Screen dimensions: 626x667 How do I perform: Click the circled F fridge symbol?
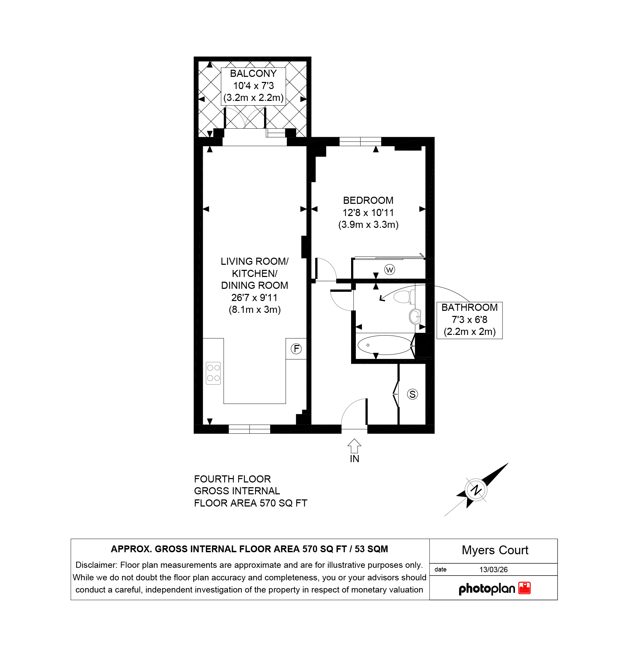pyautogui.click(x=296, y=349)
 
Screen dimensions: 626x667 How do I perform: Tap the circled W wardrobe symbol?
pyautogui.click(x=390, y=270)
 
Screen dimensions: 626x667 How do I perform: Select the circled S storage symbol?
pyautogui.click(x=412, y=394)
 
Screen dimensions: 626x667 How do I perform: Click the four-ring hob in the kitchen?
pyautogui.click(x=213, y=373)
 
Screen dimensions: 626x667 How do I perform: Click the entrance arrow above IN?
pyautogui.click(x=354, y=446)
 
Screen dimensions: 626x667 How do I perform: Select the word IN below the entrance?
pyautogui.click(x=354, y=459)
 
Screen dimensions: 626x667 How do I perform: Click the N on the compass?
pyautogui.click(x=476, y=490)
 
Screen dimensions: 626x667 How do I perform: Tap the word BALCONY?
pyautogui.click(x=253, y=73)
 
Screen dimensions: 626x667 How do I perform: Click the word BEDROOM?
pyautogui.click(x=368, y=200)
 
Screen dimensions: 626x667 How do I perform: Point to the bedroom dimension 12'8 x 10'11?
pyautogui.click(x=368, y=213)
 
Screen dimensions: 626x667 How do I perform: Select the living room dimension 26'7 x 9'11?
pyautogui.click(x=255, y=298)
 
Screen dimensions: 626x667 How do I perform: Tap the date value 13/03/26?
pyautogui.click(x=494, y=569)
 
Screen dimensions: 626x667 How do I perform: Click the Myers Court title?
pyautogui.click(x=495, y=550)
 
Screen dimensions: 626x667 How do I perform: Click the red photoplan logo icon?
pyautogui.click(x=524, y=588)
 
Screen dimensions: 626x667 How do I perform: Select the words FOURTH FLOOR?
pyautogui.click(x=232, y=479)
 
